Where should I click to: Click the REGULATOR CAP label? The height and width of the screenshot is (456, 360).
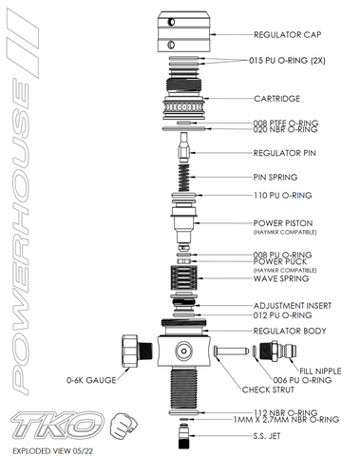click(x=287, y=34)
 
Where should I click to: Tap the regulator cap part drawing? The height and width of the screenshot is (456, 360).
click(x=183, y=31)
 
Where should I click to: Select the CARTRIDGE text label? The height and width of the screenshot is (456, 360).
click(x=277, y=99)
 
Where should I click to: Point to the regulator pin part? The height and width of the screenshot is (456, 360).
click(x=184, y=147)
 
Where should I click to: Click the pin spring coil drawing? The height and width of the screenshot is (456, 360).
click(x=184, y=178)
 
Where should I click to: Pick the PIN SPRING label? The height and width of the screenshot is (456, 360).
click(x=275, y=177)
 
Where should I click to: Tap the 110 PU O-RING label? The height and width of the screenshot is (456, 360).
click(x=282, y=196)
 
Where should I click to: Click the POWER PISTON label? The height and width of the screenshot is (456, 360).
click(x=283, y=223)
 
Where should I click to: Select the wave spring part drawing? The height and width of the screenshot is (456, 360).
click(x=183, y=277)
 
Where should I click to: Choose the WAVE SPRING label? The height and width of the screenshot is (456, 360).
click(x=281, y=278)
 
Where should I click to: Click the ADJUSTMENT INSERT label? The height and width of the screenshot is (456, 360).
click(x=293, y=306)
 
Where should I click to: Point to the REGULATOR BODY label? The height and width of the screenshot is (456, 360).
click(x=290, y=331)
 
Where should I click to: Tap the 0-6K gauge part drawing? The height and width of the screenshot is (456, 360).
click(x=137, y=351)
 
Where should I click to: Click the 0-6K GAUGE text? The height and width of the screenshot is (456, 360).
click(x=91, y=380)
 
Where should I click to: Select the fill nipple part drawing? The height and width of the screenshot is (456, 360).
click(x=277, y=351)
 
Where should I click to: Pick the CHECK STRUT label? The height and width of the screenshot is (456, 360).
click(x=268, y=389)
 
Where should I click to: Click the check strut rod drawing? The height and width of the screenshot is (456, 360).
click(x=232, y=351)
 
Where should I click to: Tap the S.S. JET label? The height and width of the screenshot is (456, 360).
click(x=267, y=436)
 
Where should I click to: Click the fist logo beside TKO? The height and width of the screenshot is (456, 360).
click(x=123, y=426)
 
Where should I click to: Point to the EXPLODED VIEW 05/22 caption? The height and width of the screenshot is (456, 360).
click(x=53, y=450)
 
